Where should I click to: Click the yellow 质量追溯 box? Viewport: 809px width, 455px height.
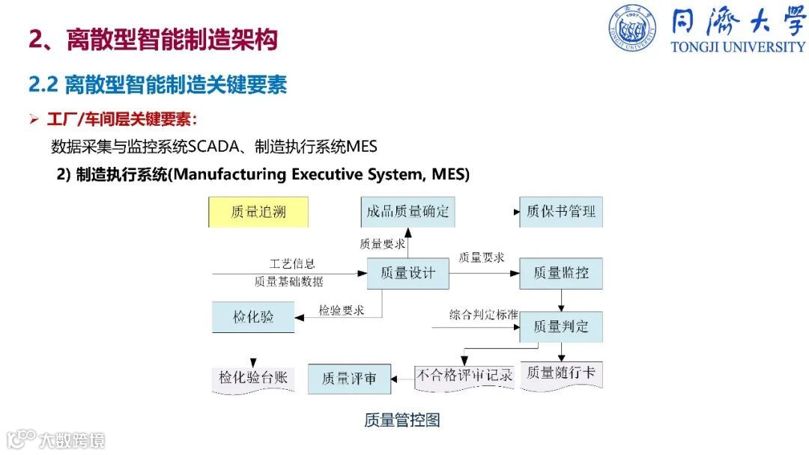click(x=258, y=213)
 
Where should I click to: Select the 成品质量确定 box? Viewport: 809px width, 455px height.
click(x=407, y=212)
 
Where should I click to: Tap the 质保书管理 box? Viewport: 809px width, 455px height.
click(x=561, y=212)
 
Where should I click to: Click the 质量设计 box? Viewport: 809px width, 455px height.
click(x=407, y=273)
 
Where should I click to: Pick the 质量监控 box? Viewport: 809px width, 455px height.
click(x=561, y=273)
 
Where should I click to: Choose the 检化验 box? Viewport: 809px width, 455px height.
click(x=253, y=317)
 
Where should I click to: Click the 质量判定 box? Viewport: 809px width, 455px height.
click(x=561, y=326)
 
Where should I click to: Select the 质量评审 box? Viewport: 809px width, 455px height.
click(x=348, y=379)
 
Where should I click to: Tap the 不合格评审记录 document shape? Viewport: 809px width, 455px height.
click(x=464, y=376)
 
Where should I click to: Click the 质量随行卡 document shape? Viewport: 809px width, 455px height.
click(x=561, y=373)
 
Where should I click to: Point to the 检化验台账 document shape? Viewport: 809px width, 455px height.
click(x=253, y=378)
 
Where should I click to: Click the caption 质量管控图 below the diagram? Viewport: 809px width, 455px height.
click(x=402, y=420)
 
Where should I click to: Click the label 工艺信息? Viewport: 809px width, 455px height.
click(x=292, y=264)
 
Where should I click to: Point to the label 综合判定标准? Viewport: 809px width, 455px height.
click(x=484, y=314)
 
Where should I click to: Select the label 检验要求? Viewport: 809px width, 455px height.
click(x=341, y=310)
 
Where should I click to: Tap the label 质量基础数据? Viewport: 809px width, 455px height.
click(x=289, y=281)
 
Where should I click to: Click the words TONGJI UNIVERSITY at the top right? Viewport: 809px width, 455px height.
click(x=738, y=46)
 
